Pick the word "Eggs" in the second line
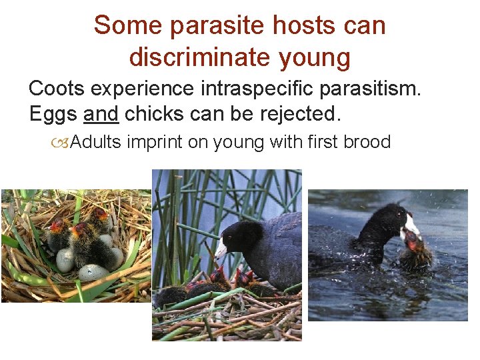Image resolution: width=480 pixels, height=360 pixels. click(53, 114)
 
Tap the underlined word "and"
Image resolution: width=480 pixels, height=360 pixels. click(101, 114)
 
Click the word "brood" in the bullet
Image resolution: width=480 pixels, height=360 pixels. click(367, 143)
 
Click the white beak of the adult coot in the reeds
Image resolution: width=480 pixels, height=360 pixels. click(221, 251)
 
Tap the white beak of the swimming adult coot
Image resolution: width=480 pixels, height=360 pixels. click(413, 225)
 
